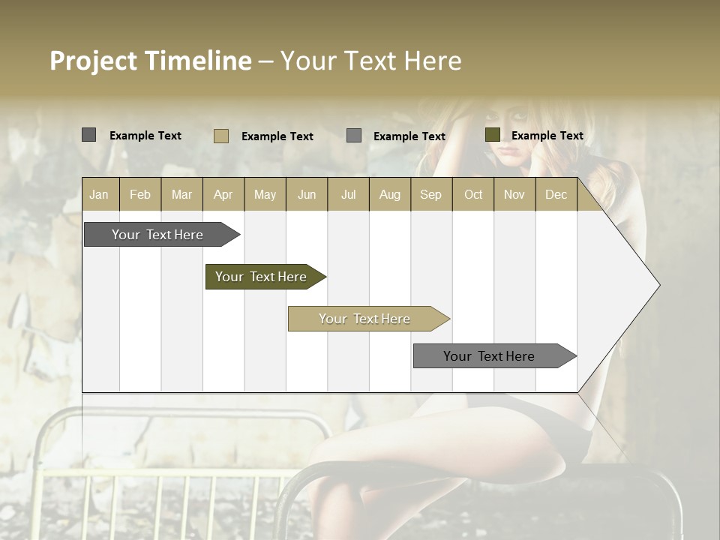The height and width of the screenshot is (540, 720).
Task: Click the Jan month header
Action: [99, 194]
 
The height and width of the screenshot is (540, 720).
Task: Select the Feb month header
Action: [140, 194]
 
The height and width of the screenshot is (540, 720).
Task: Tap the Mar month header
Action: [181, 194]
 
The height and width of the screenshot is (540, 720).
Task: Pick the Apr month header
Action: [223, 194]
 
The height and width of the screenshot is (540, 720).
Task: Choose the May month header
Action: [265, 194]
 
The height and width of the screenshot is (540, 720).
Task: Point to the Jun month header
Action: [307, 194]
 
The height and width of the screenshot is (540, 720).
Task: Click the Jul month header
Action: [348, 194]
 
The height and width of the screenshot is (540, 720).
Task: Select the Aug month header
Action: [390, 194]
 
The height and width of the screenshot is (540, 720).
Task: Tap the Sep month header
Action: [431, 194]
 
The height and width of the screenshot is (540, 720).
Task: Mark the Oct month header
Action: [473, 194]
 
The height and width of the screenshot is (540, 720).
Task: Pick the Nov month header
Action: [514, 194]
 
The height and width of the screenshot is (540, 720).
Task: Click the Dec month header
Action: [556, 194]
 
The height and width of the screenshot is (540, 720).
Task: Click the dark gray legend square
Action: [88, 135]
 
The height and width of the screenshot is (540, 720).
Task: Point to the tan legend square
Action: [221, 136]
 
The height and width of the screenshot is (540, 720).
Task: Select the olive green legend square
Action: [492, 135]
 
